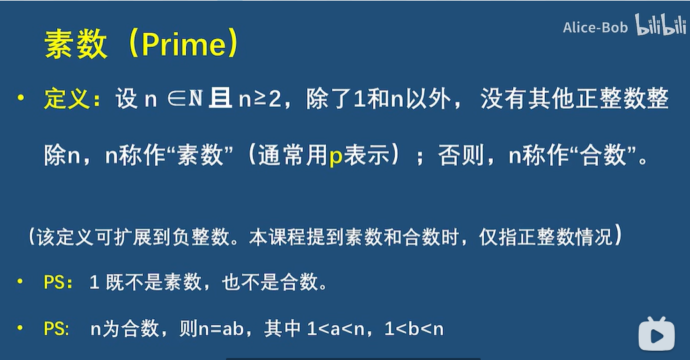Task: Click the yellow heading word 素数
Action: pos(76,44)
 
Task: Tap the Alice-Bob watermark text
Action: pos(595,28)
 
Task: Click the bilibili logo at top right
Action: pos(661,25)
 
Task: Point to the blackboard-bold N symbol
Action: pos(195,99)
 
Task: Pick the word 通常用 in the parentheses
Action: pos(293,155)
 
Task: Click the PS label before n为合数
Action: pos(55,329)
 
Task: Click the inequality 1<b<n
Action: pos(414,329)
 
